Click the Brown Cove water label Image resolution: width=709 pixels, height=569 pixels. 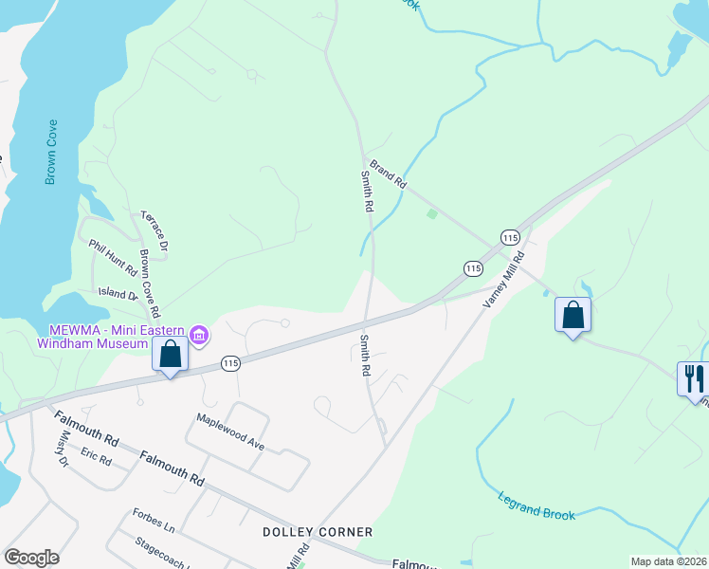point(51,152)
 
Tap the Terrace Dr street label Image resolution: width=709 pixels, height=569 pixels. point(155,230)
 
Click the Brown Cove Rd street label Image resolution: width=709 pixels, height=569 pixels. point(149,284)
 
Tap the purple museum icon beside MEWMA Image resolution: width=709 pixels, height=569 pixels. point(199,334)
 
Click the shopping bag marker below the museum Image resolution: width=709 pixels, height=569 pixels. point(170,356)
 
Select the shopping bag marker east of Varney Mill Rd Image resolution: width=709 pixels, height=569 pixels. point(573,314)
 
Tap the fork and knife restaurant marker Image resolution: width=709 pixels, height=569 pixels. point(692,378)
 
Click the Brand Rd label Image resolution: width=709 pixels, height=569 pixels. point(388,173)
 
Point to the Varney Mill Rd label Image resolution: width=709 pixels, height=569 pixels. point(504,280)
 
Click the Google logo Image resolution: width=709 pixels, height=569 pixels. point(31,558)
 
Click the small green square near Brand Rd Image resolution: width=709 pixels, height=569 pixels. point(432,214)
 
